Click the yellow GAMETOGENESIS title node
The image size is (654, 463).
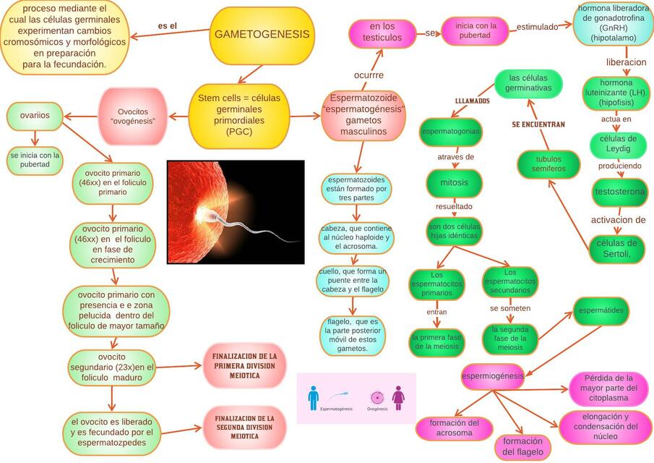[262, 35]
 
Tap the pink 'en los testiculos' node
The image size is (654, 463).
[383, 33]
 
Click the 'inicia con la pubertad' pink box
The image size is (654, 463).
[476, 31]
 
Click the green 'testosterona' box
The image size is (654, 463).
[619, 192]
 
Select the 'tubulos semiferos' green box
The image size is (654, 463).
[548, 164]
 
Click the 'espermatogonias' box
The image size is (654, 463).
[450, 132]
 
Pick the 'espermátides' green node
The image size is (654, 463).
[601, 310]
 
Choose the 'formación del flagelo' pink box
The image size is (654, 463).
[522, 447]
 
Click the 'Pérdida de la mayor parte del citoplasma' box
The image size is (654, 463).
[608, 388]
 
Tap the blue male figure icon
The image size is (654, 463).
[313, 397]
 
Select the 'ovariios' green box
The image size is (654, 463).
[35, 115]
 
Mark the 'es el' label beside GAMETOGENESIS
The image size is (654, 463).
[168, 27]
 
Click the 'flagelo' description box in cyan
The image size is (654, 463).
[353, 336]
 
